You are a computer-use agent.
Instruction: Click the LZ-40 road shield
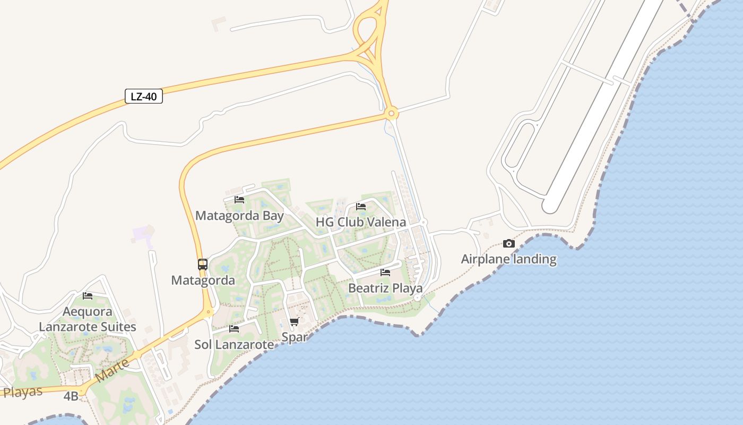[143, 96]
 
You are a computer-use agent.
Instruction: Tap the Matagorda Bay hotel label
[239, 216]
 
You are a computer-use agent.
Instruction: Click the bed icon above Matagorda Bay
[239, 200]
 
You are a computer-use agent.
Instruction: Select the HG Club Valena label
[361, 222]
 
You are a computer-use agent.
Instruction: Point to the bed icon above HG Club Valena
[361, 207]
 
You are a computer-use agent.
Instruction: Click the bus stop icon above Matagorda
[203, 264]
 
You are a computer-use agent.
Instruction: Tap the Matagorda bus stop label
[203, 280]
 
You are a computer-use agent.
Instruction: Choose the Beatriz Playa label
[385, 288]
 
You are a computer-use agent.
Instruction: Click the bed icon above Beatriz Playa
[385, 273]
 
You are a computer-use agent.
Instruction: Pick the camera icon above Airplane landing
[508, 244]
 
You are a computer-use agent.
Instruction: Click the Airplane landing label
[508, 259]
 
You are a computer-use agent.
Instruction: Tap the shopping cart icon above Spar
[295, 321]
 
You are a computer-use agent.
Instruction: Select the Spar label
[295, 337]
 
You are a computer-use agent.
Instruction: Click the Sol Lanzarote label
[234, 344]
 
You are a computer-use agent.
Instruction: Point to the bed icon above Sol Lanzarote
[234, 329]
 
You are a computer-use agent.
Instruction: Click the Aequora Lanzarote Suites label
[88, 319]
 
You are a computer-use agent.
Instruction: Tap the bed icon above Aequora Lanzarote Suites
[88, 295]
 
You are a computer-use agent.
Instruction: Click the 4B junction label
[71, 396]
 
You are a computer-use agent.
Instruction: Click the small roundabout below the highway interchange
[392, 113]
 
